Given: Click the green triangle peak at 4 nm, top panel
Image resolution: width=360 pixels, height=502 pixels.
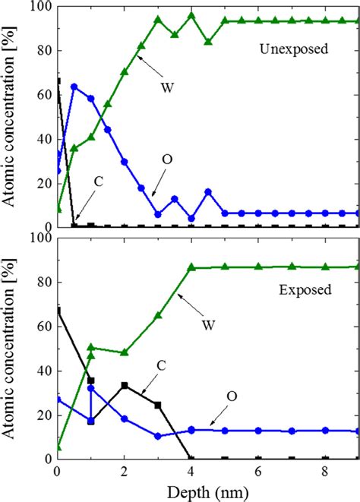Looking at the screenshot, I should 191,15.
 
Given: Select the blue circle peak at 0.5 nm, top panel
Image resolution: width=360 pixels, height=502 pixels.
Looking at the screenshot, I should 74,87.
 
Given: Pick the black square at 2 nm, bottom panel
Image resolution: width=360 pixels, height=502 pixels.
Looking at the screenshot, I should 125,385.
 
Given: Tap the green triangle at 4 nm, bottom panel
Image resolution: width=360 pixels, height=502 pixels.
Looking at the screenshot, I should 191,267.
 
